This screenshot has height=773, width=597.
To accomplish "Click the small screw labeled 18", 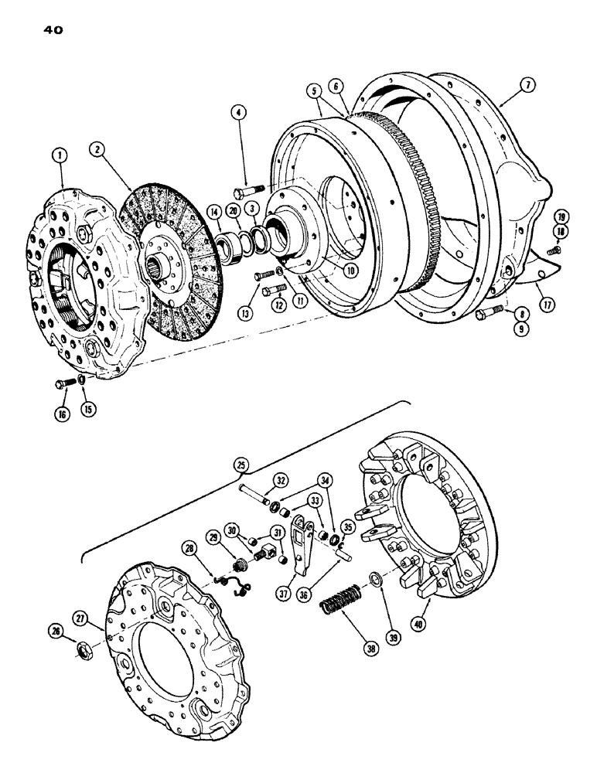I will [551, 250].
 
